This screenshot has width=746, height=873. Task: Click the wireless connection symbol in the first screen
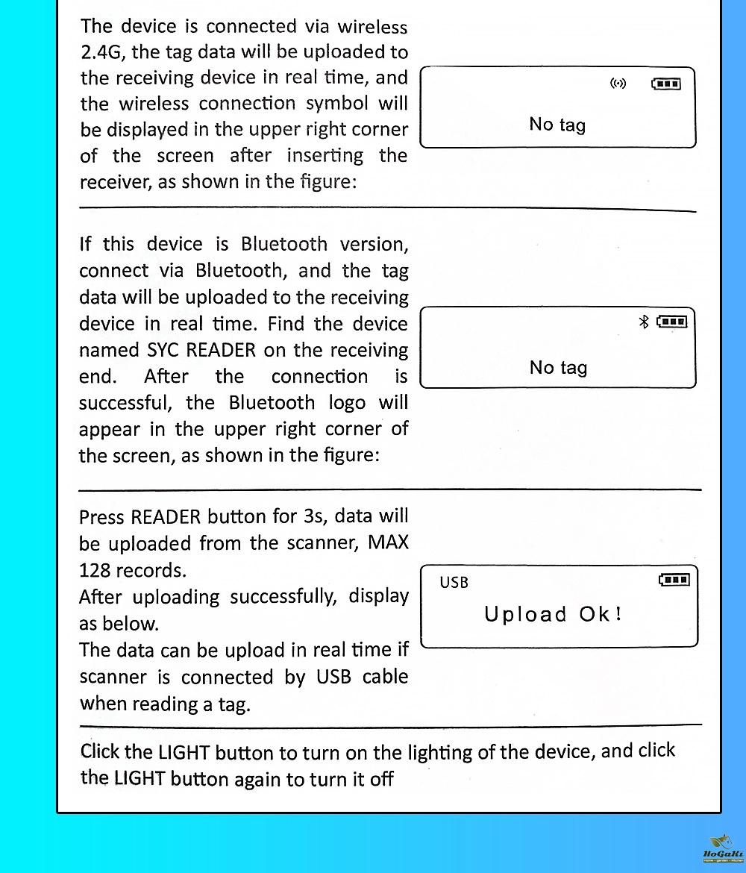click(618, 83)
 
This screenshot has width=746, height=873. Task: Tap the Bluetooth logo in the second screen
click(645, 322)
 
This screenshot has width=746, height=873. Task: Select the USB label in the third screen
click(454, 582)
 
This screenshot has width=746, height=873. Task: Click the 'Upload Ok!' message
click(553, 615)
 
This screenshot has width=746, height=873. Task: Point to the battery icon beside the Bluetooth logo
click(671, 322)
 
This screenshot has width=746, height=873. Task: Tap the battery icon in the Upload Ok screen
click(674, 580)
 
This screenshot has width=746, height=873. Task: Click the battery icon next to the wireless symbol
click(666, 83)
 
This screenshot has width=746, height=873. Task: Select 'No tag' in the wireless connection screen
click(557, 125)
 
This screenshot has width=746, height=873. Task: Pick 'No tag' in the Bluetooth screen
click(558, 367)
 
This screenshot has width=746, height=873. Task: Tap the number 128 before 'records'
click(95, 570)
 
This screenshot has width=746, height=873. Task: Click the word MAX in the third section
click(388, 542)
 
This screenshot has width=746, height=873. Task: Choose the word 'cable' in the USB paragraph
click(385, 677)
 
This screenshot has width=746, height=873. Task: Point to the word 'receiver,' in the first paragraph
click(113, 182)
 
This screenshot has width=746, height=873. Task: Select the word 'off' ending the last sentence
click(381, 779)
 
